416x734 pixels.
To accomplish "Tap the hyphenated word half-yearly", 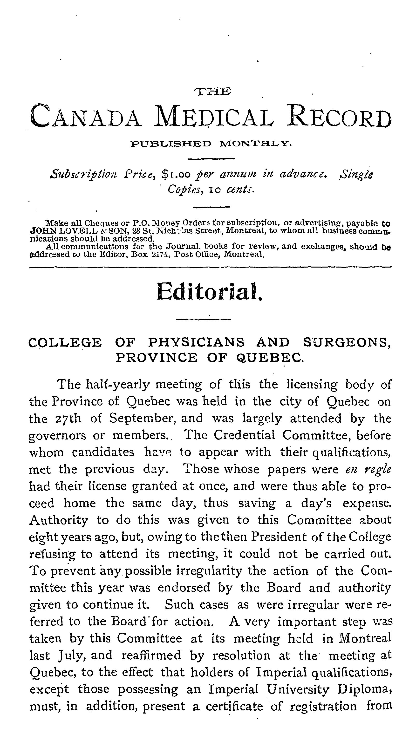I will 118,385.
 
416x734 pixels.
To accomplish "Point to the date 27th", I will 68,419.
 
